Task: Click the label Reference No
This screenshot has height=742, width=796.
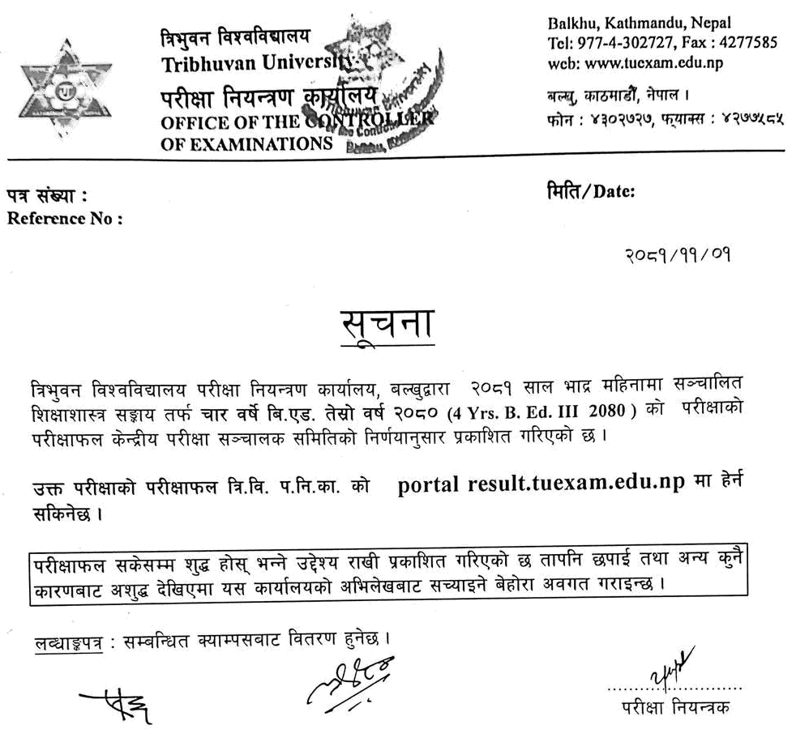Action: (x=64, y=218)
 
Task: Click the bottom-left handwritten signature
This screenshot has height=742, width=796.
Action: (x=117, y=704)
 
